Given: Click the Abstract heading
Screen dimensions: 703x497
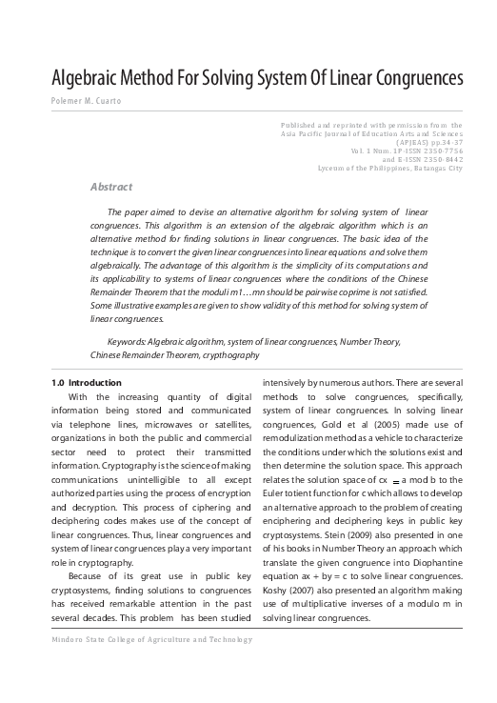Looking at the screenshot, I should [x=110, y=187].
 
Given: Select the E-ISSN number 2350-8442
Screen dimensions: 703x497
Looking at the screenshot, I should [x=440, y=160].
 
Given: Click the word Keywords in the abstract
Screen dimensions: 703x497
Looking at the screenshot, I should [x=130, y=339].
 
